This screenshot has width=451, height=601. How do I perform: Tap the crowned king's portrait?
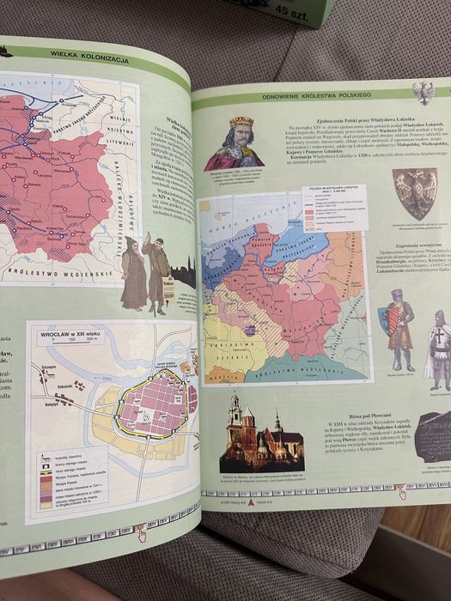click(x=234, y=143)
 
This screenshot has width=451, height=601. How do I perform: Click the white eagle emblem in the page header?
click(x=422, y=91)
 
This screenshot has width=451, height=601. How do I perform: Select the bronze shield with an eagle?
click(x=414, y=192)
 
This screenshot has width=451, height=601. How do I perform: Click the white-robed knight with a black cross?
click(x=439, y=348)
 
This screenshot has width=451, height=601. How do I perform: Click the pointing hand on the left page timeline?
click(x=140, y=533)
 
